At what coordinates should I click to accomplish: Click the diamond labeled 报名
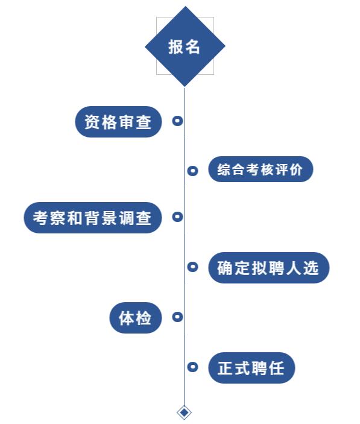tap(185, 46)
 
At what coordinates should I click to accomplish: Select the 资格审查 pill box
tap(118, 122)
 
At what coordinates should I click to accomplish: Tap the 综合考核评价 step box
tap(261, 169)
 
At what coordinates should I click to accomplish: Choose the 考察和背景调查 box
tap(93, 218)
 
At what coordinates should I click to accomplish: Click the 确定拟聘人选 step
tap(269, 268)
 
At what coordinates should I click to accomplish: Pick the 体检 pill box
tap(136, 318)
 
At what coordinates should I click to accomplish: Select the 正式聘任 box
tap(251, 368)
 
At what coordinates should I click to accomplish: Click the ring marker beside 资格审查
tap(177, 121)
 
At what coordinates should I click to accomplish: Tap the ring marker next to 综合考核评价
tap(193, 171)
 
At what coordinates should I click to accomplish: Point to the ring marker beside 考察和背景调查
tap(177, 217)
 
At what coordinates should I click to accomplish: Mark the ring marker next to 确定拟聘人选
tap(193, 267)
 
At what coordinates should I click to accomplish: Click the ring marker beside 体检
tap(177, 317)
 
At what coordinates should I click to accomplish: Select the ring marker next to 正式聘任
tap(193, 367)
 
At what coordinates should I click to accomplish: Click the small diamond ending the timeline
tap(185, 413)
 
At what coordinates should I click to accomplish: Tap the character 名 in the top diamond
tap(192, 47)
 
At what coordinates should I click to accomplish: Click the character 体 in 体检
tap(127, 318)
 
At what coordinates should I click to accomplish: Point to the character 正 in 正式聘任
tap(226, 368)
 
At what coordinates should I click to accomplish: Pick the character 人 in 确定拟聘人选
tap(294, 268)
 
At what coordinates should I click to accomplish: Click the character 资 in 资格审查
tap(92, 122)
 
